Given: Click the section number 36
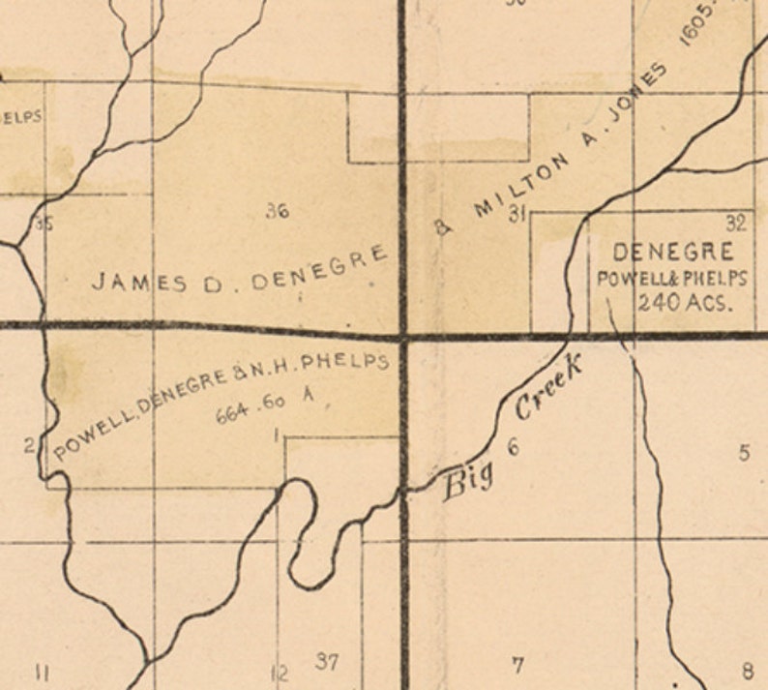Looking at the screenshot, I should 278,211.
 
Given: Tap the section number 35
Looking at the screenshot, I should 44,225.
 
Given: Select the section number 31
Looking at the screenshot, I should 517,215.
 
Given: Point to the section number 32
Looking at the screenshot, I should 736,225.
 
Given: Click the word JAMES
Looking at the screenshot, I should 125,282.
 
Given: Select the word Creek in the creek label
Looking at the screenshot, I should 549,388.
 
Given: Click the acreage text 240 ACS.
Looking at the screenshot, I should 684,300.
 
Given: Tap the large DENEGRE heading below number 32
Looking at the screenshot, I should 673,253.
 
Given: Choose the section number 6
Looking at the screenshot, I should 513,447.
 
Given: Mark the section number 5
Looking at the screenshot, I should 744,452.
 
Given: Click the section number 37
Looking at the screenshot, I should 327,662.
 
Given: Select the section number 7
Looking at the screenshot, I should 517,665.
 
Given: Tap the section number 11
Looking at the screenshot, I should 42,672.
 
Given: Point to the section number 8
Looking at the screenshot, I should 748,671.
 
